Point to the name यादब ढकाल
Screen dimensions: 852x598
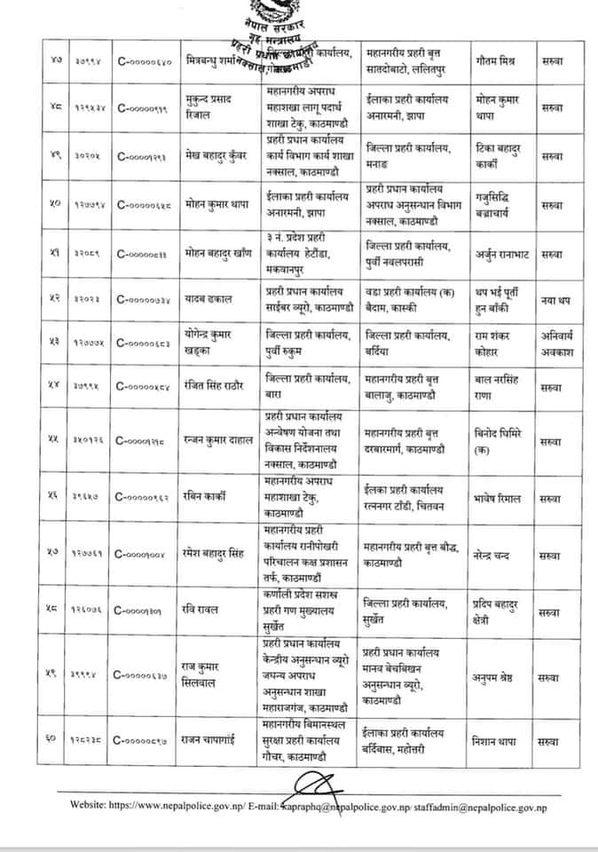pos(207,300)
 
